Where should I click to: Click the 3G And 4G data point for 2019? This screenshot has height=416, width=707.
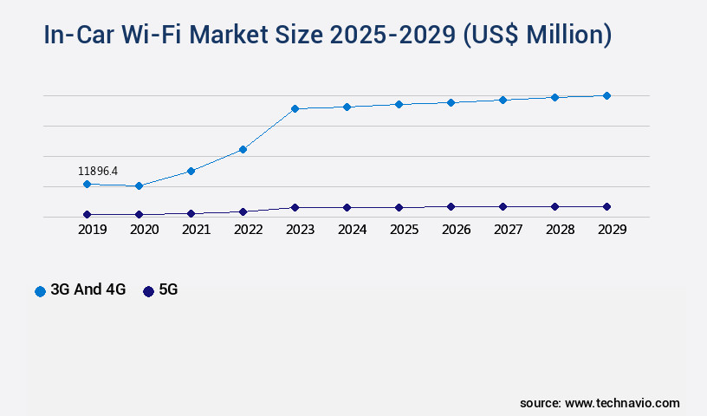pyautogui.click(x=87, y=184)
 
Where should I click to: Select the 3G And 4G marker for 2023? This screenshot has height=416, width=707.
pyautogui.click(x=295, y=108)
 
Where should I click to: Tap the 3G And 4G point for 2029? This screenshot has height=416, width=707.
pyautogui.click(x=606, y=95)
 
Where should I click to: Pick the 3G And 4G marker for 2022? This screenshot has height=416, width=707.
pyautogui.click(x=243, y=149)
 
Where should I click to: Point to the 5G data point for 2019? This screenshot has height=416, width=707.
pyautogui.click(x=87, y=214)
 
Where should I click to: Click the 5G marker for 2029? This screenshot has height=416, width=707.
pyautogui.click(x=606, y=206)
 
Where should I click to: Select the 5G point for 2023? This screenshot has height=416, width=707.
pyautogui.click(x=295, y=207)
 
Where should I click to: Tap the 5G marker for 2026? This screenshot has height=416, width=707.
pyautogui.click(x=451, y=206)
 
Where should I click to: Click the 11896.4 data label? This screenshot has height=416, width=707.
pyautogui.click(x=98, y=171)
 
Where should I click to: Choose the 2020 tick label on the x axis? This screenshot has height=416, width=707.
pyautogui.click(x=144, y=230)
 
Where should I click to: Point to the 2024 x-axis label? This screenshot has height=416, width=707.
pyautogui.click(x=352, y=230)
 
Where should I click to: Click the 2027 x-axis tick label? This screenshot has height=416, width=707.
pyautogui.click(x=508, y=230)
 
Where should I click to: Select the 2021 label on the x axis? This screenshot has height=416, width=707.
pyautogui.click(x=196, y=230)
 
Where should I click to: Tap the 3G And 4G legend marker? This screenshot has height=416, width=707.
pyautogui.click(x=40, y=291)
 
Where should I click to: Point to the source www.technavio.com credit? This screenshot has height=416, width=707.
pyautogui.click(x=600, y=403)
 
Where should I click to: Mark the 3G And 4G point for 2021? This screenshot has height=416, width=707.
pyautogui.click(x=191, y=171)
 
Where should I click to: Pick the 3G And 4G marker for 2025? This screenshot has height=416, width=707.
pyautogui.click(x=399, y=104)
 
